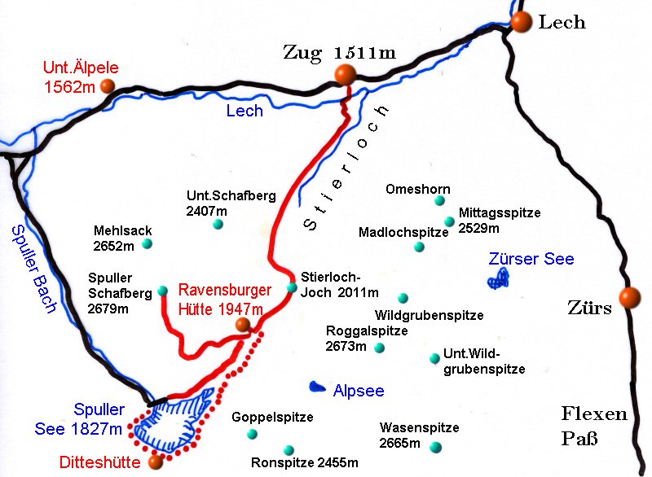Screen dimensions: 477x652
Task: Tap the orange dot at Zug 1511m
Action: (x=345, y=75)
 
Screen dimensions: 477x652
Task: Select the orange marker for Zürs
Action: (x=628, y=298)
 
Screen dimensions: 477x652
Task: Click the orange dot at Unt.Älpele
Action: (x=107, y=87)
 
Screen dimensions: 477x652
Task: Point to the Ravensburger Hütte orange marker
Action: (x=242, y=326)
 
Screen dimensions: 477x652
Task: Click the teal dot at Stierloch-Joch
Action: (x=292, y=287)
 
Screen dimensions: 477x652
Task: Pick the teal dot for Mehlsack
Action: (x=147, y=243)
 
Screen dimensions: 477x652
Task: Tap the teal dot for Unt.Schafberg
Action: (x=218, y=224)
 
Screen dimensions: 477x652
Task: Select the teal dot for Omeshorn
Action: (x=439, y=200)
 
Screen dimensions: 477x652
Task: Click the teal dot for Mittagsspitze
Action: (x=448, y=221)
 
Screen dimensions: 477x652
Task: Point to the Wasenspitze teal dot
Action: (x=435, y=446)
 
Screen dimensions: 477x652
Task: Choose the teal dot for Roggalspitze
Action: (x=379, y=348)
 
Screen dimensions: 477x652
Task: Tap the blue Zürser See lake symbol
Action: (x=497, y=280)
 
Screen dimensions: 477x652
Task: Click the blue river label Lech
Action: (x=244, y=111)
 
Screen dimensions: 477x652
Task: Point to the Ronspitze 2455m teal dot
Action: (x=288, y=449)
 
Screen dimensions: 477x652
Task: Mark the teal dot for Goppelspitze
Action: (x=252, y=434)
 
